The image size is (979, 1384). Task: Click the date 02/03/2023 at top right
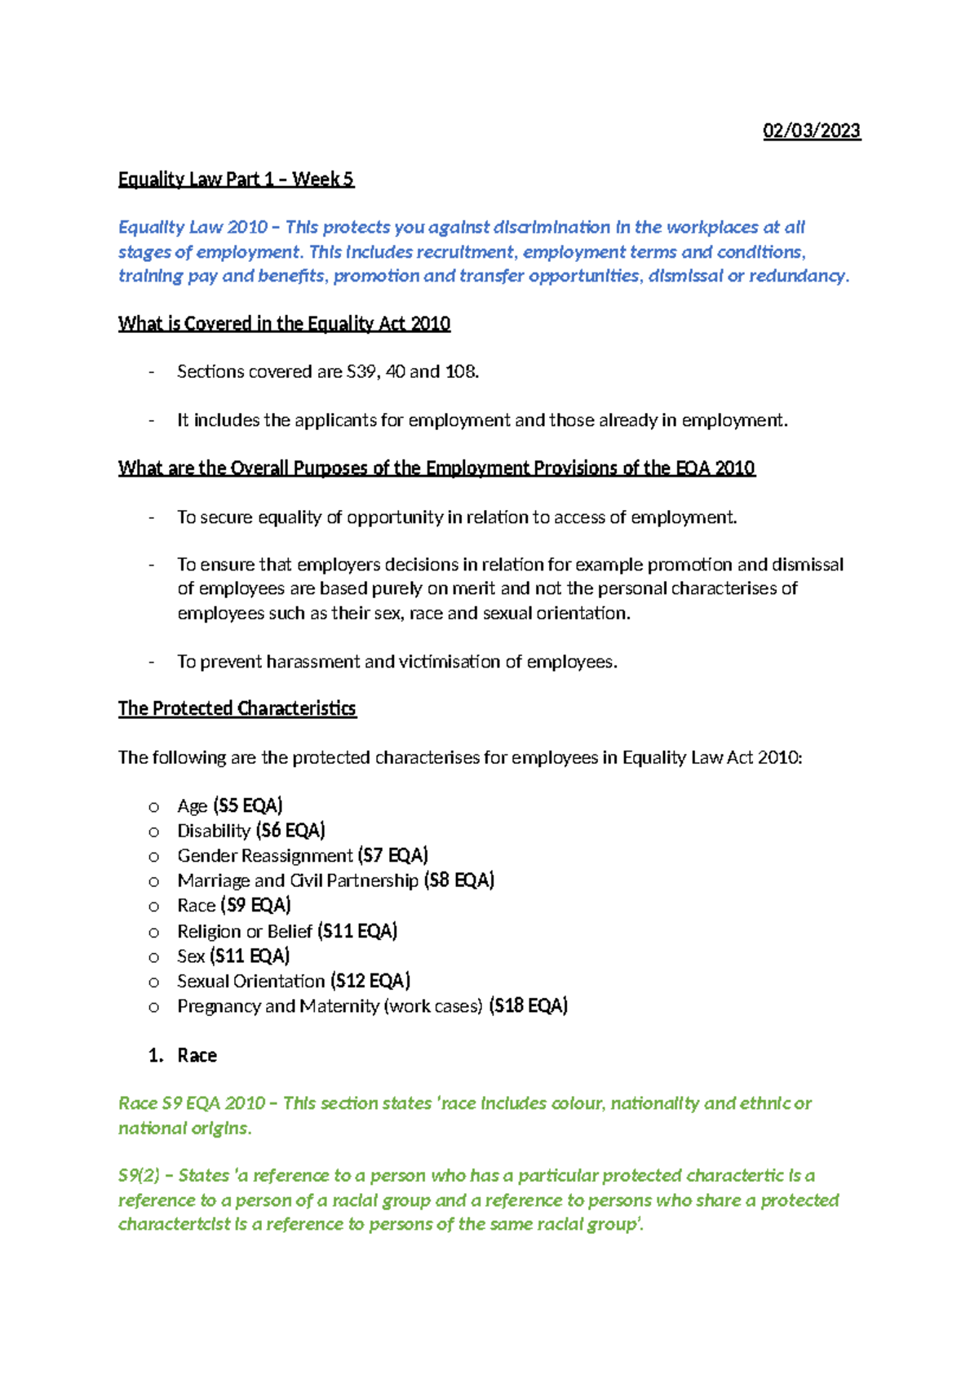click(811, 131)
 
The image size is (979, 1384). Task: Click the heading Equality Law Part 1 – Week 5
click(236, 180)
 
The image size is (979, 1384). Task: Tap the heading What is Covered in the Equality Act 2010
click(284, 324)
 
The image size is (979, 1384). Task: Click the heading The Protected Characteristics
click(237, 708)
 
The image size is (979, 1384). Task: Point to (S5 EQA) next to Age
click(248, 806)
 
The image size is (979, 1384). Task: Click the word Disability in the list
click(214, 831)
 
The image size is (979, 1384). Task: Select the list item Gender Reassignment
click(265, 856)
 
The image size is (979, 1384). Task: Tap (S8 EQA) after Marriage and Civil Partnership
click(459, 881)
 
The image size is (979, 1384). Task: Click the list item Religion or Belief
click(245, 931)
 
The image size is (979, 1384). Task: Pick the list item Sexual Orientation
click(251, 981)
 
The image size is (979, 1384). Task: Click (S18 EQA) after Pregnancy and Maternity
click(529, 1006)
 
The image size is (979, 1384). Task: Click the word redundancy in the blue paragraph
click(797, 276)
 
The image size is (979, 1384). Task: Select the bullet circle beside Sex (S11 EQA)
click(153, 956)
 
